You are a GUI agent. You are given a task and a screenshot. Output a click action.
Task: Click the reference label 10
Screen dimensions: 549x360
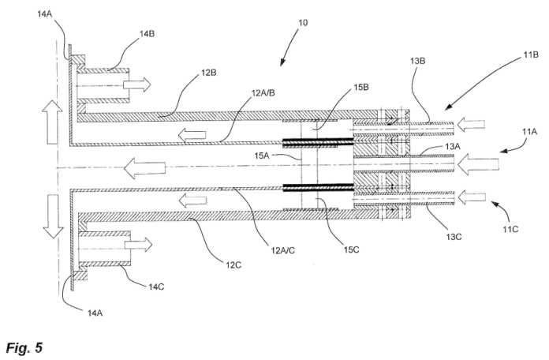[x=303, y=23]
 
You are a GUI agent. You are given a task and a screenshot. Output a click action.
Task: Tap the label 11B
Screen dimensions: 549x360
[x=531, y=55]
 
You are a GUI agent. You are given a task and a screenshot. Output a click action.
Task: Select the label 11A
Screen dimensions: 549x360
[x=529, y=132]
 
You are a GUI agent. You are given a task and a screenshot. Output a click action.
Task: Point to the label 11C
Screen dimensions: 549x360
[x=510, y=229]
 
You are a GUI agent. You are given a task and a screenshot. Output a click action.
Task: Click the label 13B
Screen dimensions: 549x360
[x=418, y=61]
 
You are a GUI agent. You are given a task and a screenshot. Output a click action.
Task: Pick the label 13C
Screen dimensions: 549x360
[x=454, y=237]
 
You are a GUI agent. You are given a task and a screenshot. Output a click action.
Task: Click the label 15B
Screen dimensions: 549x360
[x=361, y=87]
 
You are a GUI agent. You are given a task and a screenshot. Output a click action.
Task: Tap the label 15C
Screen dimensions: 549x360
[x=351, y=249]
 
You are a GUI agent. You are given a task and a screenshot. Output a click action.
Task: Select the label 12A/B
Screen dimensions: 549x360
[x=263, y=93]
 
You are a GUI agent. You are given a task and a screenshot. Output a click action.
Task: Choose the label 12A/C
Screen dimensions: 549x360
[x=283, y=250]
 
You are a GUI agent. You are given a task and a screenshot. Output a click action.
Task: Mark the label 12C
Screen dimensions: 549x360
[x=233, y=265]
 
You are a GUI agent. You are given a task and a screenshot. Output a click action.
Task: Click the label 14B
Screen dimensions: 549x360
[x=147, y=34]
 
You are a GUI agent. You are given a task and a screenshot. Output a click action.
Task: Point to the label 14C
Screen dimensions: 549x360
[x=156, y=287]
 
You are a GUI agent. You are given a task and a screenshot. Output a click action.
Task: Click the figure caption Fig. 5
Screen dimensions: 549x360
[x=24, y=348]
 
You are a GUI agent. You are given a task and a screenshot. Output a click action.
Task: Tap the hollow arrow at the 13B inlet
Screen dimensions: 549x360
[x=471, y=125]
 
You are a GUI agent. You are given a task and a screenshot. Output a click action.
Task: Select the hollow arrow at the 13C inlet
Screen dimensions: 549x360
[x=472, y=197]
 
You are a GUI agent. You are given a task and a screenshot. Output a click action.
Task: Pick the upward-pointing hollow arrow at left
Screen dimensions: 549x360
[x=52, y=122]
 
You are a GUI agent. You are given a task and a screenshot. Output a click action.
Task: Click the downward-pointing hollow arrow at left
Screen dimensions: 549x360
[x=53, y=216]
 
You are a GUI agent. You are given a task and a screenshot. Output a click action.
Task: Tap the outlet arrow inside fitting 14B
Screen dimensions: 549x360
[x=136, y=84]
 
